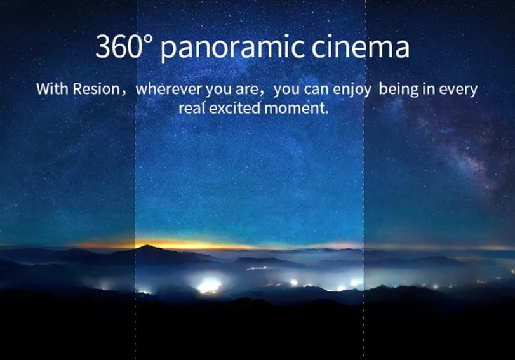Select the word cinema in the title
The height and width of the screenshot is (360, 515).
point(360,46)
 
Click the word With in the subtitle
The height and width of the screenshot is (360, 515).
point(52,89)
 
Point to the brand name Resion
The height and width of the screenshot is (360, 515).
point(97,89)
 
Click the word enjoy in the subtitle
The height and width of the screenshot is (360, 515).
point(352,90)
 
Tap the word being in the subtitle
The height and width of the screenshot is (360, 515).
point(399,90)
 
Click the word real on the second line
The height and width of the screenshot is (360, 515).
point(192,108)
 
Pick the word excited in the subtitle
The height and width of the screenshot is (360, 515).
point(235,108)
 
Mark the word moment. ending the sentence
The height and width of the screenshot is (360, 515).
point(297,108)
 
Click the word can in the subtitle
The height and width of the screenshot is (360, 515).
point(317,90)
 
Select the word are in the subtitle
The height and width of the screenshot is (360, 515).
point(247,90)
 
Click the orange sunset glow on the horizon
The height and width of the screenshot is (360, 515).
point(184,244)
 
